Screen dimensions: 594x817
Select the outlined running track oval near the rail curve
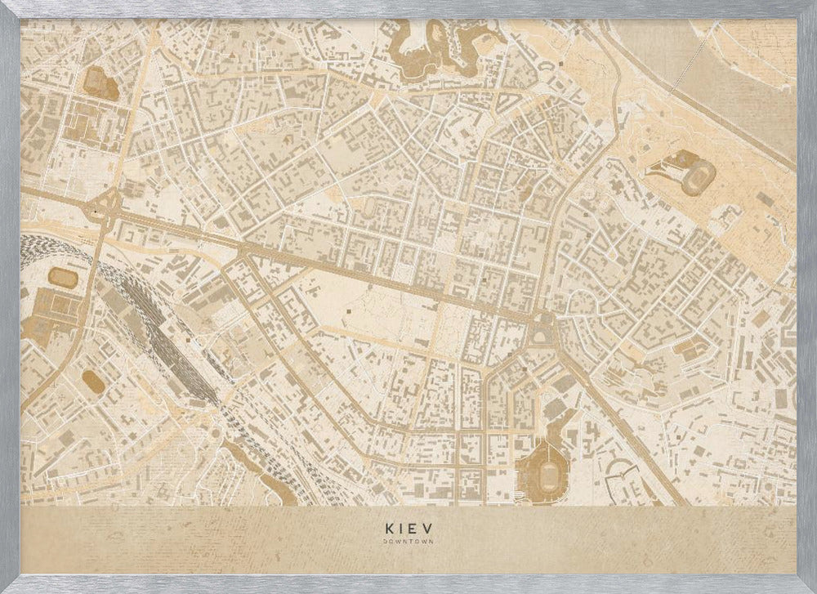tap(63, 278)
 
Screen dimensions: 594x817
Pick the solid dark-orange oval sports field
tap(93, 380)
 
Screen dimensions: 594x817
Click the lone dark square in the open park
tap(350, 311)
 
